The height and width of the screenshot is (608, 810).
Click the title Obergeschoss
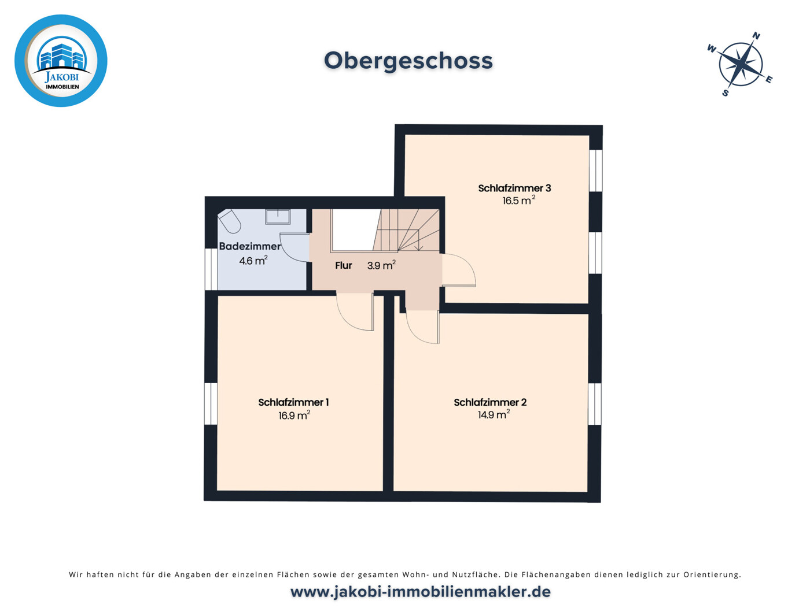pyautogui.click(x=408, y=61)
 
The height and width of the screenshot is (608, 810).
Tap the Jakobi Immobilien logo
pyautogui.click(x=61, y=61)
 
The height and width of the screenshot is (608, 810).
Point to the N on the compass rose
pyautogui.click(x=756, y=36)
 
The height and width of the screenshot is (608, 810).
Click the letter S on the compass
pyautogui.click(x=725, y=92)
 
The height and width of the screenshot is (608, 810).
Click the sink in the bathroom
pyautogui.click(x=278, y=216)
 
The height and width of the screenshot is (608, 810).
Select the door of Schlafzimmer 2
pyautogui.click(x=422, y=327)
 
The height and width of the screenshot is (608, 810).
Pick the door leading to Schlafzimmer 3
pyautogui.click(x=459, y=270)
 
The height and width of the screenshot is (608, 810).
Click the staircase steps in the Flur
pyautogui.click(x=408, y=230)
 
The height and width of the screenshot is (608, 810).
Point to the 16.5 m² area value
pyautogui.click(x=518, y=201)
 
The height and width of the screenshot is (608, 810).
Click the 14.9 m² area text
pyautogui.click(x=493, y=414)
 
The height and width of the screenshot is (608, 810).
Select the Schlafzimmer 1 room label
pyautogui.click(x=293, y=402)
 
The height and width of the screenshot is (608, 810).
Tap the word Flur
pyautogui.click(x=344, y=265)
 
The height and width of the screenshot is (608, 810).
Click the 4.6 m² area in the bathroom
pyautogui.click(x=253, y=261)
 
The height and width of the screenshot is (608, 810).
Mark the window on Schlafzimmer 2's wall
pyautogui.click(x=594, y=404)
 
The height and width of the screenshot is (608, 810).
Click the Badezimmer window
pyautogui.click(x=211, y=269)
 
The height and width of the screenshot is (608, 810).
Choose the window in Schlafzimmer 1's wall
pyautogui.click(x=211, y=403)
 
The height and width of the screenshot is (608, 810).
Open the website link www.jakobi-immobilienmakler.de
pyautogui.click(x=420, y=592)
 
